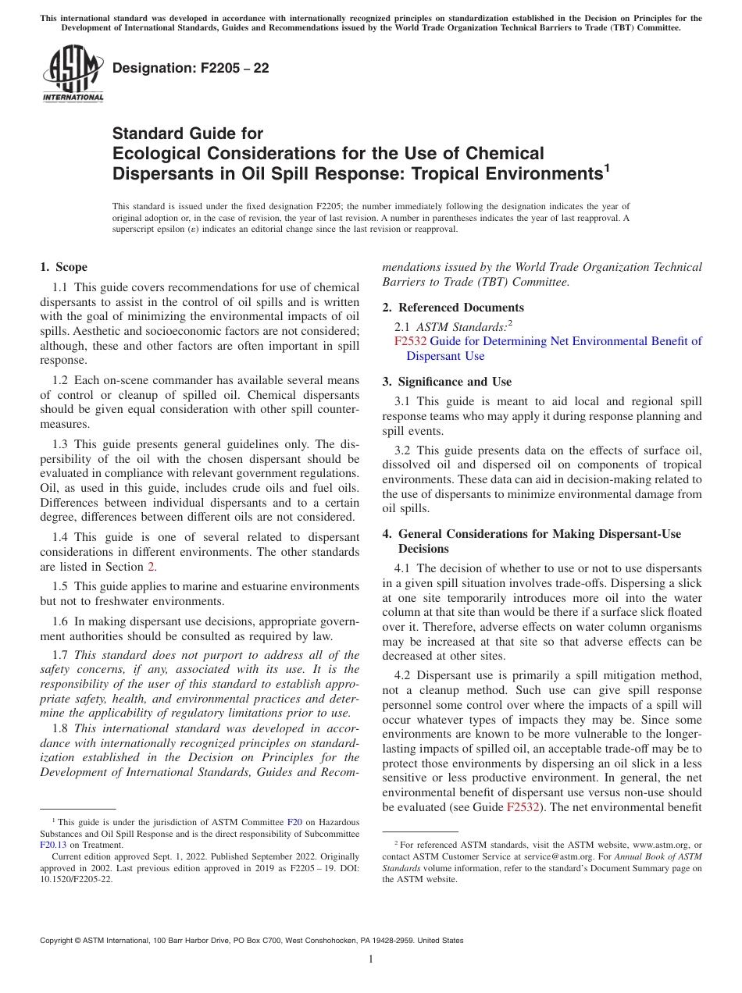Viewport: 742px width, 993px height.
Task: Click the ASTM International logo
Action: coord(72,74)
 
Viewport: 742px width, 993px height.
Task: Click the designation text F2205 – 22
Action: coord(191,69)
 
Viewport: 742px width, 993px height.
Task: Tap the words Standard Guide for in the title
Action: coord(188,133)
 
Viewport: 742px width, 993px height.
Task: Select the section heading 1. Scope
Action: coord(63,267)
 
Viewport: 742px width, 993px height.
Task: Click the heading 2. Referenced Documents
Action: coord(453,307)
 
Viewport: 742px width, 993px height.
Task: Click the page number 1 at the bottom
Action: coord(371,959)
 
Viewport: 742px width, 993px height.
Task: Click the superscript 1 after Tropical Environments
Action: coord(607,166)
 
